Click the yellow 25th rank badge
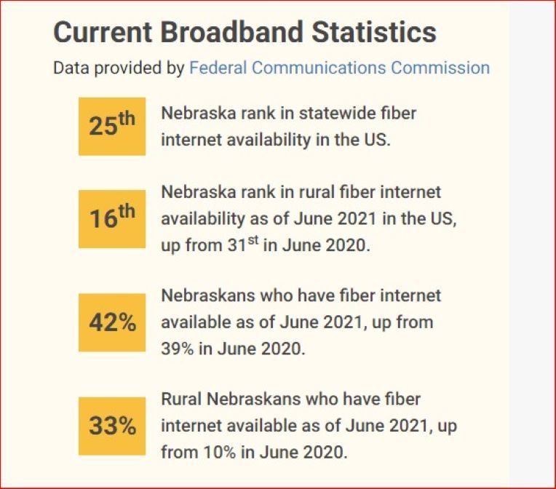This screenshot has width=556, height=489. coord(112,126)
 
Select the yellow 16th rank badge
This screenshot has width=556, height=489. coord(112,218)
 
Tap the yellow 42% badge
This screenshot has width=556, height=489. coord(112,322)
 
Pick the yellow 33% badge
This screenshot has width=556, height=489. coord(112,426)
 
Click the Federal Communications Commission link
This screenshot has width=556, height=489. coord(339,68)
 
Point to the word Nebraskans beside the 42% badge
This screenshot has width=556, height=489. coord(204,295)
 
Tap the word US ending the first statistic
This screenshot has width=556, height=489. coord(378,140)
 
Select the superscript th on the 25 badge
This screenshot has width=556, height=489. coord(127,119)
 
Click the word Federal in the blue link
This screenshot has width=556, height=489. coord(215,68)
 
